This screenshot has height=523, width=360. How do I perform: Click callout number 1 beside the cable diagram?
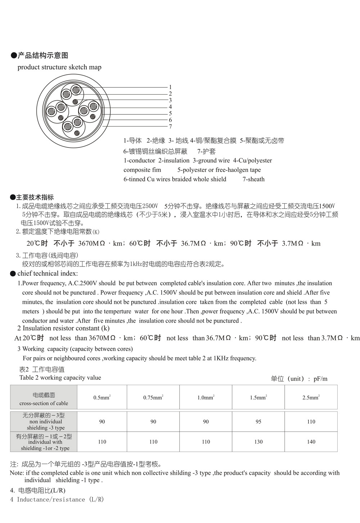170,87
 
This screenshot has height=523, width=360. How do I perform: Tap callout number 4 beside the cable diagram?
170,107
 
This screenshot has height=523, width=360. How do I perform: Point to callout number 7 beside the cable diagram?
170,127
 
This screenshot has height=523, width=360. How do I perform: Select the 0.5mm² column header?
102,397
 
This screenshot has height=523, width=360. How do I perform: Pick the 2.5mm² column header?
311,397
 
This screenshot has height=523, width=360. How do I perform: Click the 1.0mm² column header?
206,397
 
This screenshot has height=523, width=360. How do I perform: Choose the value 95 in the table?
258,422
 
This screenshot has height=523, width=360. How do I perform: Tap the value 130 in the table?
258,442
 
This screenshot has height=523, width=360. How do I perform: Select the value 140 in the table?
311,442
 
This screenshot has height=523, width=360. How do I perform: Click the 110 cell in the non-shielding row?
311,422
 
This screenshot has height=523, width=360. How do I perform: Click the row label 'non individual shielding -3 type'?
44,422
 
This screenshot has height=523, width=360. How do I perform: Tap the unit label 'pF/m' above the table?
320,379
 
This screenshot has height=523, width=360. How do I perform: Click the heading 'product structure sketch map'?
59,67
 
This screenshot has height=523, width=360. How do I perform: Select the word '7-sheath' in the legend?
253,179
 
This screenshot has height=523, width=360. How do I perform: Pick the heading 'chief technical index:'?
48,273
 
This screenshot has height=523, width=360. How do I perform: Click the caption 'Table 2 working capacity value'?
60,378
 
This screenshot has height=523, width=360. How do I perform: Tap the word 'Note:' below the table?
17,473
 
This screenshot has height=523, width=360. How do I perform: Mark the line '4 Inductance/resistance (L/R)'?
57,499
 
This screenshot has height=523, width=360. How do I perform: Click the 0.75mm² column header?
153,397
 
